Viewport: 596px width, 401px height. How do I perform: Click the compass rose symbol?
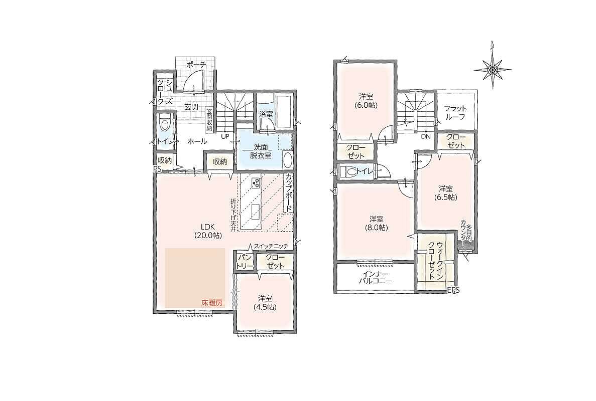click(x=492, y=70)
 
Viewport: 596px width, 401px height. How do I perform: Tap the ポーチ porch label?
click(x=196, y=65)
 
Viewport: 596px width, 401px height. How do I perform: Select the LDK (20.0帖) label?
click(x=207, y=231)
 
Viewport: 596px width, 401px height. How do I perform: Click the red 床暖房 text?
click(x=212, y=303)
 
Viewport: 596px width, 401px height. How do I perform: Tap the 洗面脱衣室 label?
click(x=261, y=150)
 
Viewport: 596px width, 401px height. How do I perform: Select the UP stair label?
click(x=225, y=135)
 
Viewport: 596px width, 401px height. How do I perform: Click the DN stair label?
click(x=425, y=136)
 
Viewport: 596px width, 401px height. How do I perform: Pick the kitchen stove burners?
click(x=256, y=183)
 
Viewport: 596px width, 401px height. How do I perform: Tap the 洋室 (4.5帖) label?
click(x=265, y=302)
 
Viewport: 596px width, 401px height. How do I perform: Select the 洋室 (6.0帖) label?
click(x=365, y=100)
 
